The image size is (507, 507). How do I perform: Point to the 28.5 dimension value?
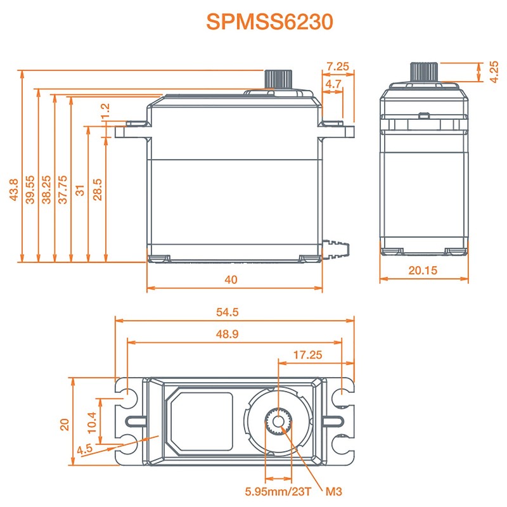click(x=97, y=189)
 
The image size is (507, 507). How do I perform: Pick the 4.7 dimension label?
click(x=333, y=83)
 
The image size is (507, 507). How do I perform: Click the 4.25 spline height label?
click(x=493, y=72)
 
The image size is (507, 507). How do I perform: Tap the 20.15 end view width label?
click(x=424, y=270)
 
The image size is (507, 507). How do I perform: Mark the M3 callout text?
click(x=334, y=491)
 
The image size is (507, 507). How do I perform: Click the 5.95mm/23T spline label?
click(x=278, y=491)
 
